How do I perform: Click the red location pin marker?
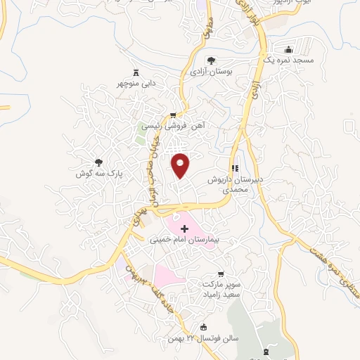point(181,165)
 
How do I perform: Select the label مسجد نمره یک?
point(288,61)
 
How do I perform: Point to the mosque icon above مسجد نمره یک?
point(288,50)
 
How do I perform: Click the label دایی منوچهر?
point(135,84)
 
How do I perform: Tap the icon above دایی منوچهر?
point(135,72)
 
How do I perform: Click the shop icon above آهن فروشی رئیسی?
point(173,115)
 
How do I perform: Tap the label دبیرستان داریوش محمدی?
point(235,185)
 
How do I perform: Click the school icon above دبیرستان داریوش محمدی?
point(235,169)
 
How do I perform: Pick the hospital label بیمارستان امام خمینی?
point(184,240)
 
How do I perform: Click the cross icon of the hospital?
point(184,229)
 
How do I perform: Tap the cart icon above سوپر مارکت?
point(222,273)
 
